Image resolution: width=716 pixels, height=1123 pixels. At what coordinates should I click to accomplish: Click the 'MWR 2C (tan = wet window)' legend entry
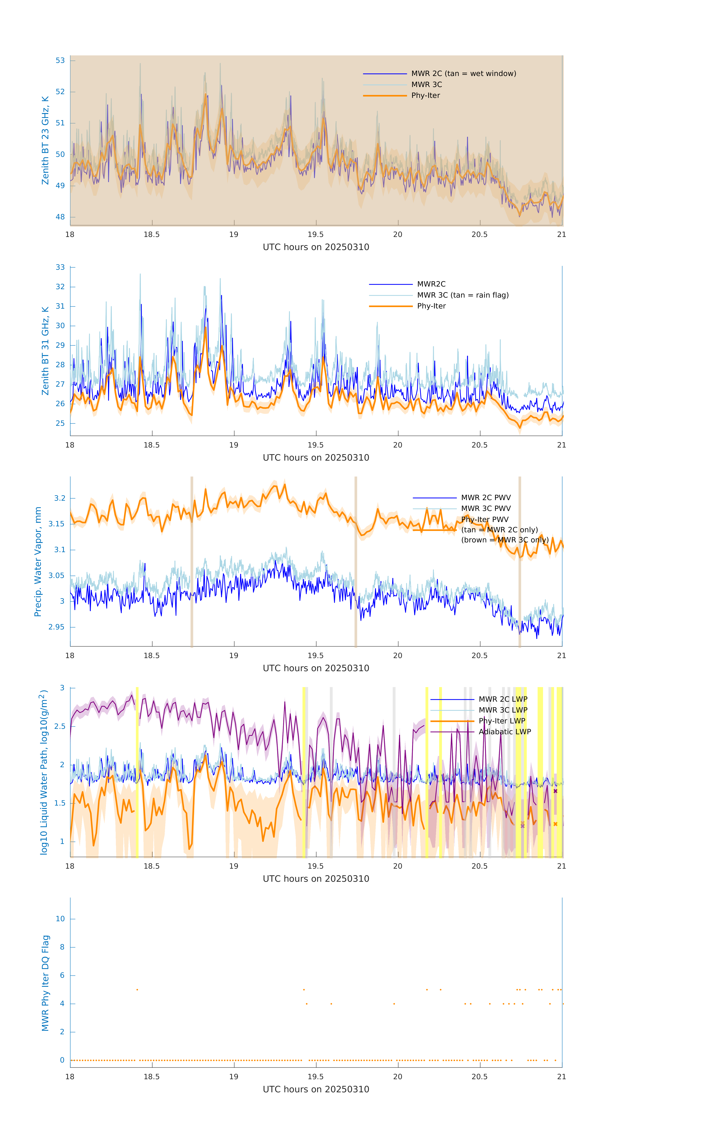(x=463, y=74)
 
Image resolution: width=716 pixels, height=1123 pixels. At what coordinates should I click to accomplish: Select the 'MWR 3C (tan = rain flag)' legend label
(x=462, y=295)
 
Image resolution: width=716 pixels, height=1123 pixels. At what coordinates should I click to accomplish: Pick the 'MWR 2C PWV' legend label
(x=486, y=498)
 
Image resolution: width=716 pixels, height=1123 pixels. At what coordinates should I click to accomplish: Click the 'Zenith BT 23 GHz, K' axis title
(x=45, y=140)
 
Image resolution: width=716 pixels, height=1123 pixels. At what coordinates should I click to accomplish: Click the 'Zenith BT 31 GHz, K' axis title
(x=45, y=351)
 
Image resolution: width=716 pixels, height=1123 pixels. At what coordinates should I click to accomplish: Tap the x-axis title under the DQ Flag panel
(x=316, y=1089)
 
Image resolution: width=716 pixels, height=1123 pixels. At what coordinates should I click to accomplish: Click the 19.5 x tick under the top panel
(x=316, y=235)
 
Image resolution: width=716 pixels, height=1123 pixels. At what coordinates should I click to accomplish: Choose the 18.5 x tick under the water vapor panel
(x=152, y=656)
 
